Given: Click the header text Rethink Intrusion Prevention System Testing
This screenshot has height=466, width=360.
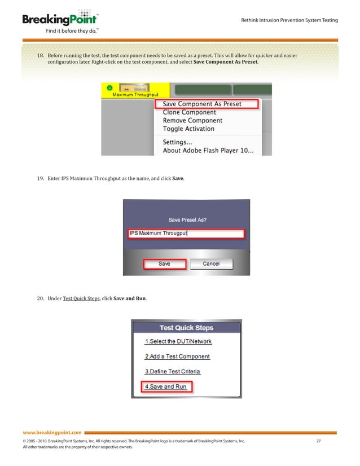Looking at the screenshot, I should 289,20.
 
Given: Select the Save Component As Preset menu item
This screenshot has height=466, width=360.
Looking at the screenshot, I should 201,104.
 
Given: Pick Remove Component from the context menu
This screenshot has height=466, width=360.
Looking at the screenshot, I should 192,120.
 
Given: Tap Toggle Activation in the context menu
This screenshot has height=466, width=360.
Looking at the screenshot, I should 188,129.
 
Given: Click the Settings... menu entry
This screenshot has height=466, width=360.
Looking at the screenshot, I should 177,142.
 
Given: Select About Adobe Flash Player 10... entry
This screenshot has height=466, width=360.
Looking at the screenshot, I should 208,151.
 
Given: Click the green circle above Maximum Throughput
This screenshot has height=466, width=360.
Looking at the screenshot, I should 109,87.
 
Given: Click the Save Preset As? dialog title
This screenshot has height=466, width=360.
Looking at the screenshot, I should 187,219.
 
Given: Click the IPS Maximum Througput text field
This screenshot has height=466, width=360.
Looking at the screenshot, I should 186,233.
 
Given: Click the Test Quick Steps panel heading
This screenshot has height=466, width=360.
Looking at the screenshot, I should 186,327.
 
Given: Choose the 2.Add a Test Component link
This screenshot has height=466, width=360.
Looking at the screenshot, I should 177,357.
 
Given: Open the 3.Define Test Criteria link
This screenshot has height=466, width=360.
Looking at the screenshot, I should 173,371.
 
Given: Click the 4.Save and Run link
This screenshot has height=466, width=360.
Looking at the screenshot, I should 165,386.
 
